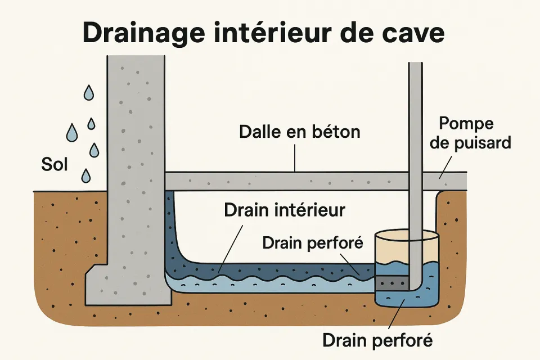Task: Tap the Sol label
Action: [x=55, y=165]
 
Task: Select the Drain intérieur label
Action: [x=284, y=210]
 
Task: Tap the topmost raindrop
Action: [x=88, y=92]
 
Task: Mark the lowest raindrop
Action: [x=85, y=176]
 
